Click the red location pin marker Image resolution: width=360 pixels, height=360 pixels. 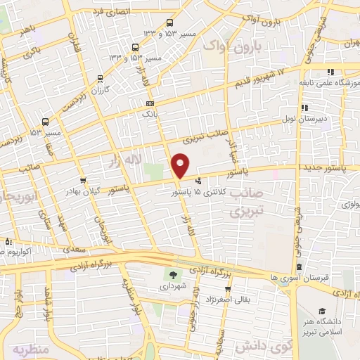tap(181, 165)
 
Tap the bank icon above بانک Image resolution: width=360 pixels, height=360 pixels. tap(149, 103)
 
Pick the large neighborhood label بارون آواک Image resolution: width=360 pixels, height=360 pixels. tap(231, 46)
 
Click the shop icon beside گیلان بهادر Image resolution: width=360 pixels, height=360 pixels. tap(83, 181)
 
